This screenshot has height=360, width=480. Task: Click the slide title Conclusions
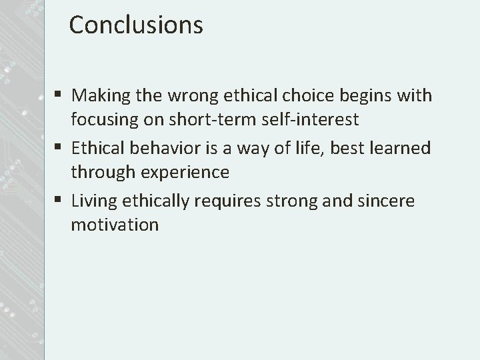(135, 25)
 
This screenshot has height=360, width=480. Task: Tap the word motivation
(115, 225)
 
